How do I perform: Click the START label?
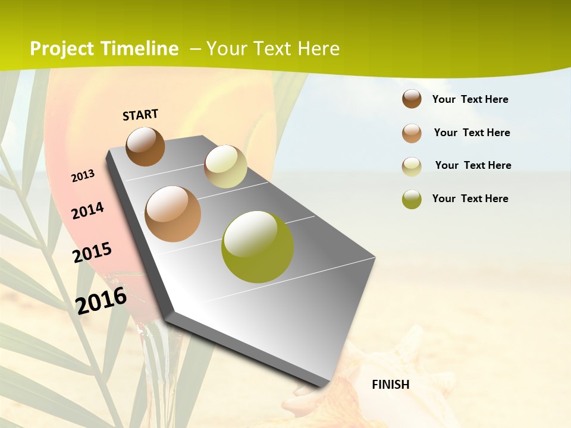pyautogui.click(x=140, y=115)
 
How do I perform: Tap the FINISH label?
pyautogui.click(x=390, y=385)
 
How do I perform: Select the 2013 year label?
pyautogui.click(x=83, y=176)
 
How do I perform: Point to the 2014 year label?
pyautogui.click(x=87, y=210)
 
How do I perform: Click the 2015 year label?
pyautogui.click(x=92, y=253)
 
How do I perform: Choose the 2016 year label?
pyautogui.click(x=101, y=300)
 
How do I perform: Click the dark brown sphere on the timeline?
pyautogui.click(x=145, y=146)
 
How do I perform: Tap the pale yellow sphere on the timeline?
pyautogui.click(x=225, y=166)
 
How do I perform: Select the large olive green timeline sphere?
pyautogui.click(x=257, y=247)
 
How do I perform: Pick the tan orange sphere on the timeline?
pyautogui.click(x=172, y=213)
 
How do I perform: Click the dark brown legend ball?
pyautogui.click(x=412, y=99)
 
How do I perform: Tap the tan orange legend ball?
pyautogui.click(x=412, y=133)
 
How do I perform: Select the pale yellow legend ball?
pyautogui.click(x=412, y=166)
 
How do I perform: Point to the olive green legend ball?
pyautogui.click(x=412, y=199)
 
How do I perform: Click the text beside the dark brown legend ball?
pyautogui.click(x=470, y=99)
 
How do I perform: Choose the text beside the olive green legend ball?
pyautogui.click(x=470, y=199)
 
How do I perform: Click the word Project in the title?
pyautogui.click(x=62, y=49)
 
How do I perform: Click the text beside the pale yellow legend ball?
pyautogui.click(x=473, y=165)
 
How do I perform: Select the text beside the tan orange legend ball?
pyautogui.click(x=472, y=133)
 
